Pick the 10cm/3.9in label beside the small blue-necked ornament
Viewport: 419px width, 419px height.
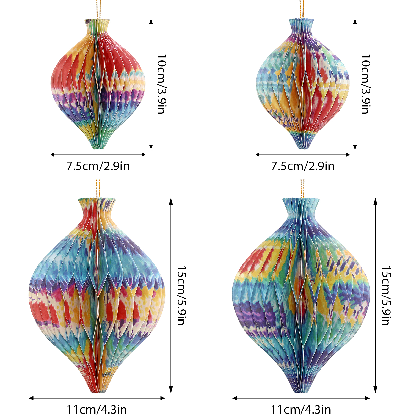[366, 84]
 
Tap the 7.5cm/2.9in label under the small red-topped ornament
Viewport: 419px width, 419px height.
[98, 166]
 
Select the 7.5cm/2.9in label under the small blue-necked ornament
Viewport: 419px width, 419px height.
[303, 166]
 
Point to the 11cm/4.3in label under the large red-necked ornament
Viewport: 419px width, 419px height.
[97, 410]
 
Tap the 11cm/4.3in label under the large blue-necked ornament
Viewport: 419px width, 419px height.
[301, 410]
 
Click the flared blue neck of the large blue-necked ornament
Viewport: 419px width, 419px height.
[301, 207]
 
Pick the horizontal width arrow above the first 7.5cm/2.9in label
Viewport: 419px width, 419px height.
[98, 155]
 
